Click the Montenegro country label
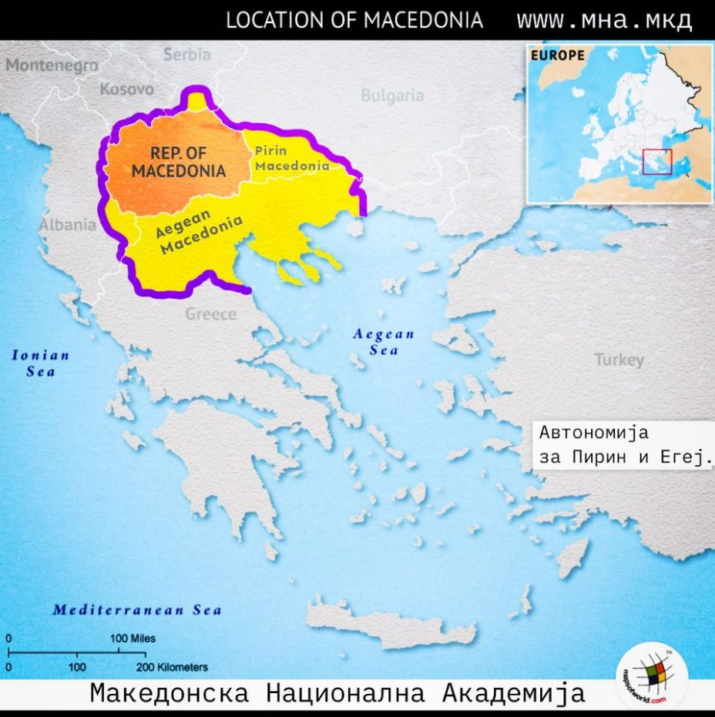click(52, 65)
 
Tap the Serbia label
click(186, 55)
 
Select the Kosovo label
click(126, 89)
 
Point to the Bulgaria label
click(392, 96)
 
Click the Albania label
click(68, 226)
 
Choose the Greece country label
click(210, 314)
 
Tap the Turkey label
click(618, 360)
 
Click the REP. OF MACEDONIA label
click(178, 162)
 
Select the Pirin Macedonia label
click(292, 158)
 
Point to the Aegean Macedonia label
click(199, 234)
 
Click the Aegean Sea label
click(383, 342)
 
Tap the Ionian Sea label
click(40, 363)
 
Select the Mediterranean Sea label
click(136, 611)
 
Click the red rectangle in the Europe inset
click(656, 162)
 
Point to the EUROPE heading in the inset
click(556, 56)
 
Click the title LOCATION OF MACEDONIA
click(354, 20)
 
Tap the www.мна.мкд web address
click(603, 20)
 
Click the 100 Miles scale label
click(133, 638)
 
